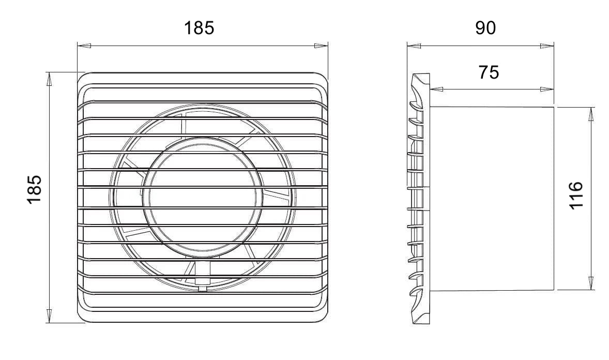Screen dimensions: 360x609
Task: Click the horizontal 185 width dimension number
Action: pos(199,28)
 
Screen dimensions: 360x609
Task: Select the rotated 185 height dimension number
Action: pos(34,189)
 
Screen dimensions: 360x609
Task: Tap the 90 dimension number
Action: pos(485,28)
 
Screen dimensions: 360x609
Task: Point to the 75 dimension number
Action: pos(489,72)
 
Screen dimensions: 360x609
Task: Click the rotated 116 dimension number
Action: pos(576,195)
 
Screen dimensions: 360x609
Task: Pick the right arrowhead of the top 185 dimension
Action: pos(321,46)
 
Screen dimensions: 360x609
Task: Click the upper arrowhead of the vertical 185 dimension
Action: pos(49,79)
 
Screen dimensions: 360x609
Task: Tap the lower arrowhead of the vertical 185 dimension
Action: pos(49,316)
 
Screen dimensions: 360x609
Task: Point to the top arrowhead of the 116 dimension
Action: pos(591,114)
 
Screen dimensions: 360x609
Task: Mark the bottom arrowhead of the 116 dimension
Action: pos(591,283)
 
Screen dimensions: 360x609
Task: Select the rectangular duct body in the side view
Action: pos(491,198)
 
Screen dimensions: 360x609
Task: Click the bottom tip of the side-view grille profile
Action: pos(419,323)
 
